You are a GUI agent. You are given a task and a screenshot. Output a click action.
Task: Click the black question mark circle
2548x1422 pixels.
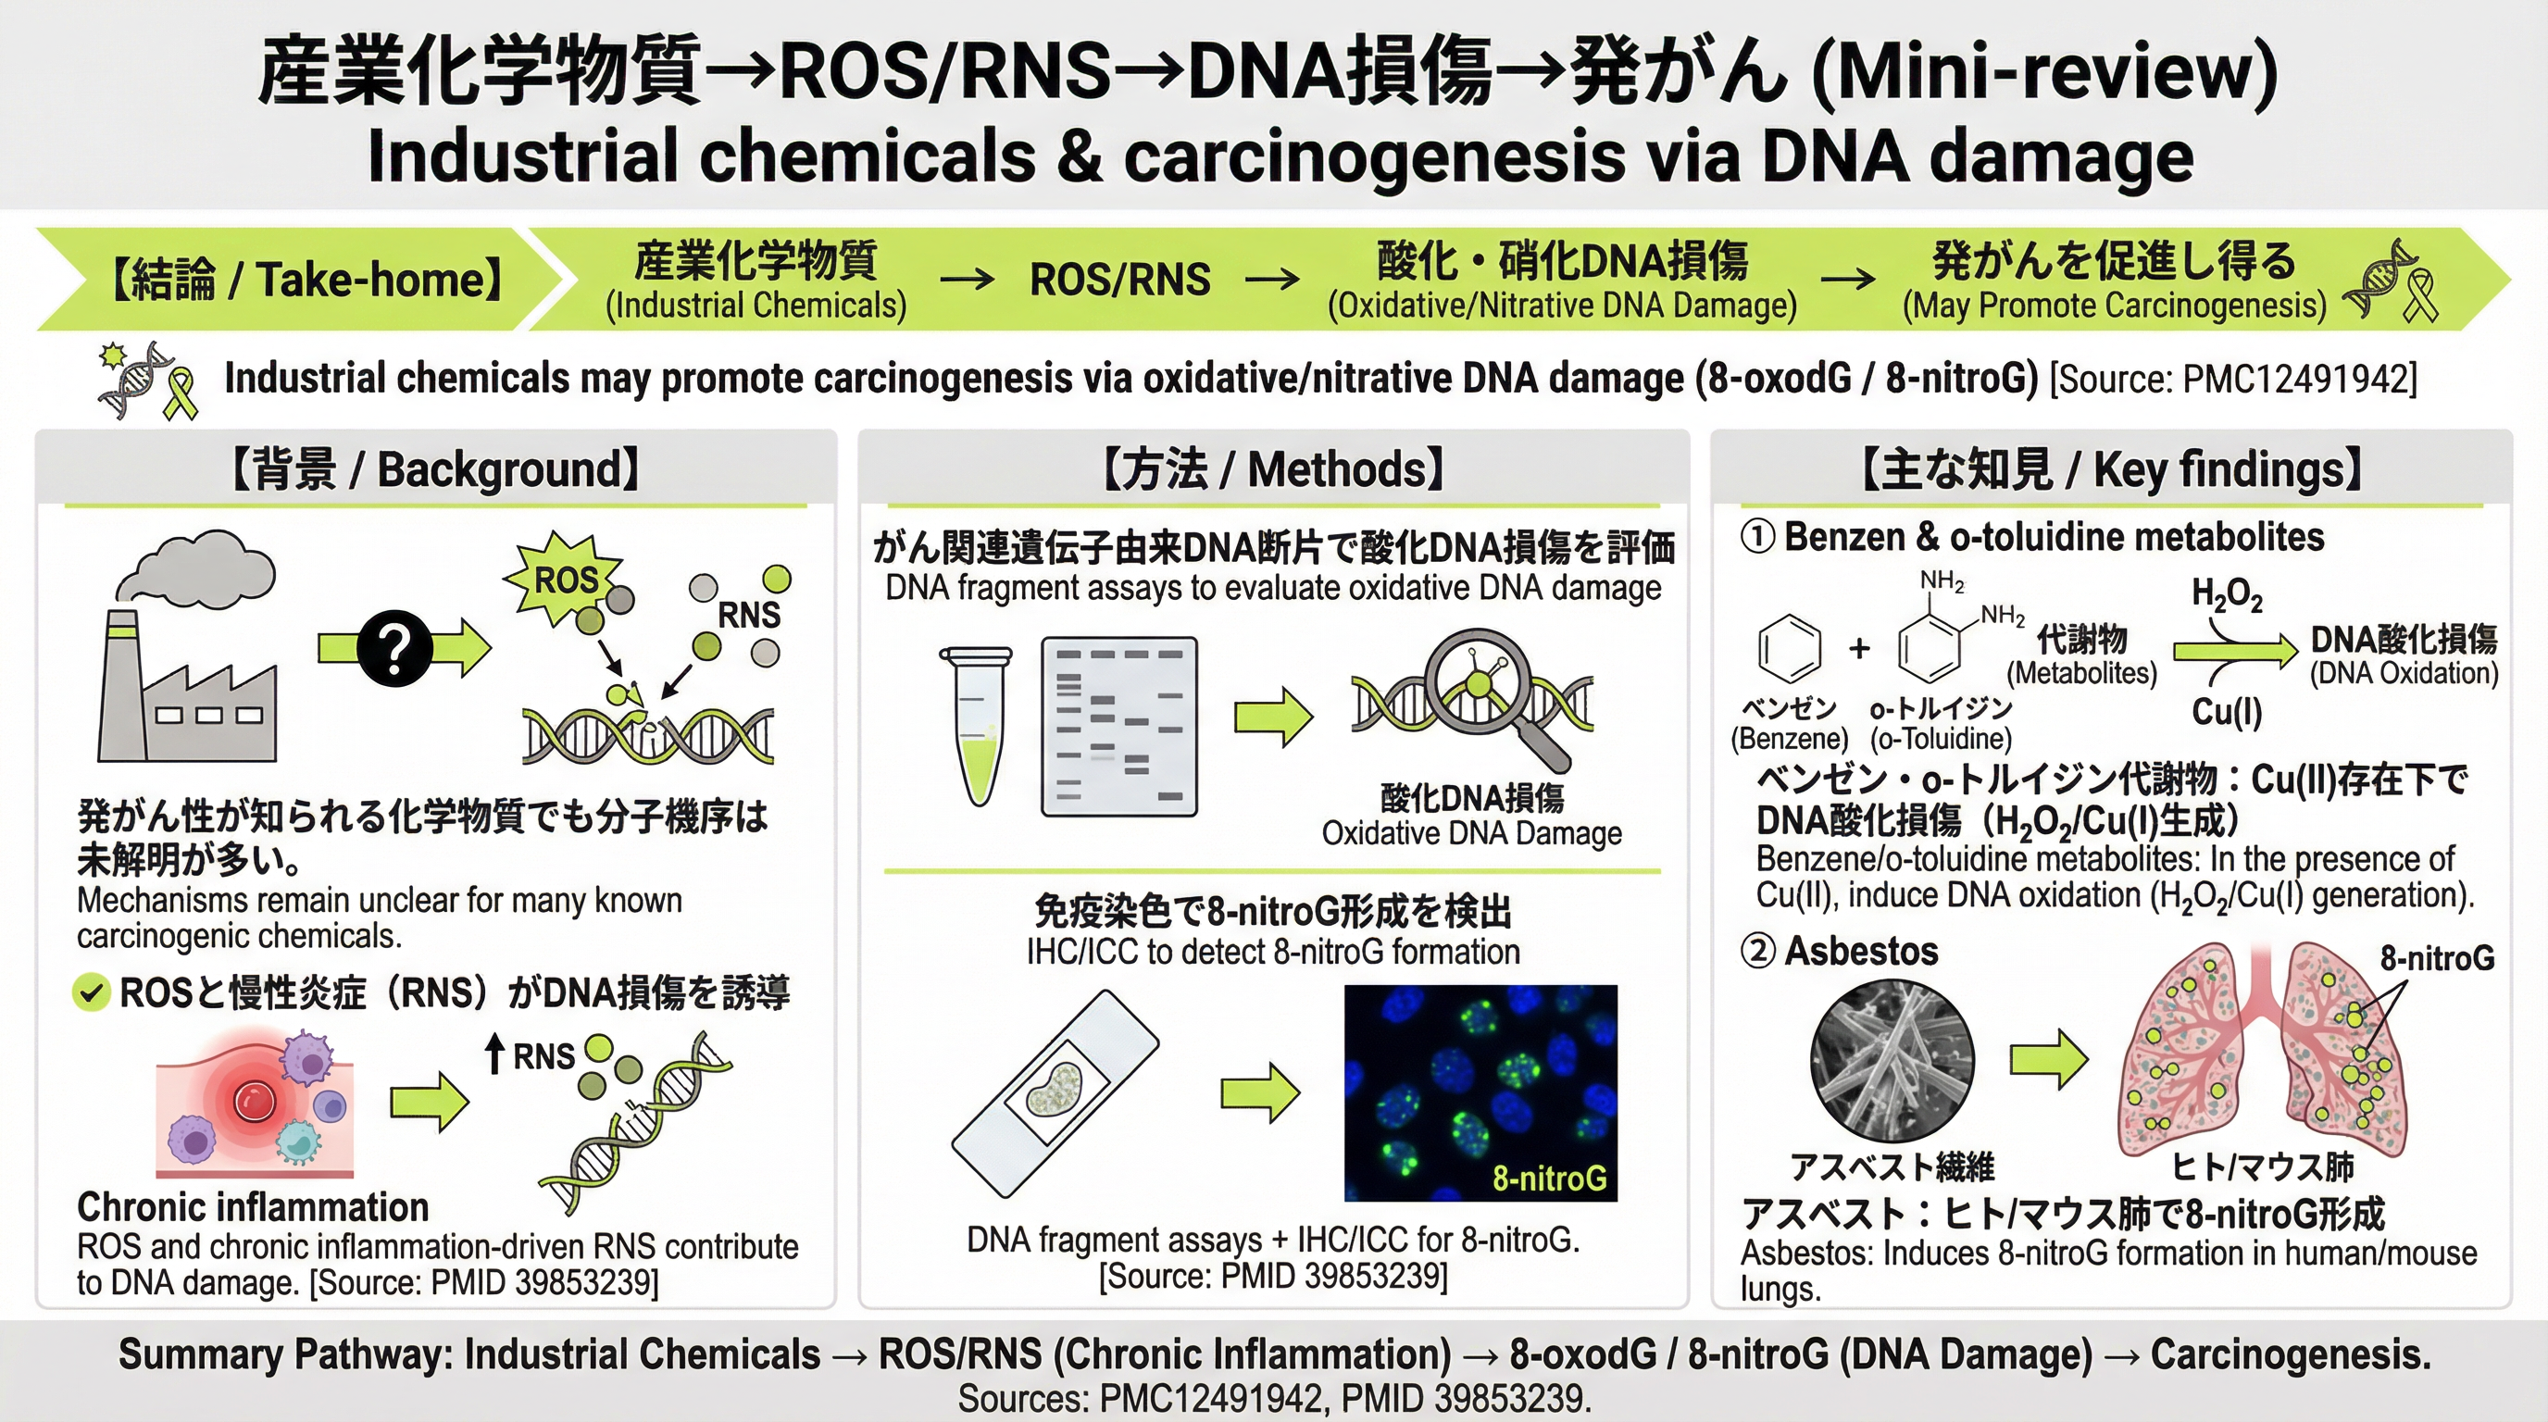pyautogui.click(x=394, y=648)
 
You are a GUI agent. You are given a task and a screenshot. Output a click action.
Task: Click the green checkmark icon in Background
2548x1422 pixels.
pyautogui.click(x=91, y=992)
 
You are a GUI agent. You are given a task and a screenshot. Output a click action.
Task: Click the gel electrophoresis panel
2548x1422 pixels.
pyautogui.click(x=1118, y=727)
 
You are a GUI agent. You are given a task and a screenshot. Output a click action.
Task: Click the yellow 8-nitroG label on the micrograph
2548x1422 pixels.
pyautogui.click(x=1549, y=1178)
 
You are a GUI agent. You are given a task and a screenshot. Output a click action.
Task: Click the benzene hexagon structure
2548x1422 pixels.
pyautogui.click(x=1790, y=648)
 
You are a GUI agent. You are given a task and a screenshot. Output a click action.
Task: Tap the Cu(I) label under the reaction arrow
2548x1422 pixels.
pyautogui.click(x=2227, y=712)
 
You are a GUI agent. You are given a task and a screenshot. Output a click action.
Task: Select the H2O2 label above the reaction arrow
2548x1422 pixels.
pyautogui.click(x=2227, y=595)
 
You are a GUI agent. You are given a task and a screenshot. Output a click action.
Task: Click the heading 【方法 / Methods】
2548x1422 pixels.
pyautogui.click(x=1273, y=469)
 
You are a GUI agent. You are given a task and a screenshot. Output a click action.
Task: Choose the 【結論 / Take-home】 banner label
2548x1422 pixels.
pyautogui.click(x=306, y=280)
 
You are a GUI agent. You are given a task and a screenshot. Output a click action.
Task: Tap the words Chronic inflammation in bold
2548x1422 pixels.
pyautogui.click(x=253, y=1207)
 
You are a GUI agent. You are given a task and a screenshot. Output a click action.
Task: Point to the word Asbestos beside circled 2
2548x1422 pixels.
pyautogui.click(x=1861, y=952)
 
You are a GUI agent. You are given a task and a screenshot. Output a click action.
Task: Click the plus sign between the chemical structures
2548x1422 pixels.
pyautogui.click(x=1859, y=648)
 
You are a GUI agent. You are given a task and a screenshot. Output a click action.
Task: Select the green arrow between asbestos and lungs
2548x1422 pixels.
pyautogui.click(x=2048, y=1059)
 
